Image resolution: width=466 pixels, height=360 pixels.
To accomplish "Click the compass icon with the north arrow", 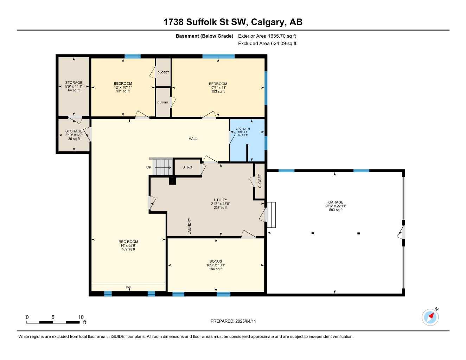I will (430, 317).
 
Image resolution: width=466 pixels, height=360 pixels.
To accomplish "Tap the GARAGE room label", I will (336, 202).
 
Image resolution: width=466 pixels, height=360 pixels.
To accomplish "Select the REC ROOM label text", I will (128, 242).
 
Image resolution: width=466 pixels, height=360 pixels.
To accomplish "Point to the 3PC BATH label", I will (243, 129).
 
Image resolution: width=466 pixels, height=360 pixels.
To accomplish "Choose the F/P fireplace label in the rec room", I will (128, 288).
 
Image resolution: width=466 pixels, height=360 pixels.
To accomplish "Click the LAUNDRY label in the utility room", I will (189, 226).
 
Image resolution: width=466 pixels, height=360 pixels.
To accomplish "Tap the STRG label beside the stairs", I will (187, 167).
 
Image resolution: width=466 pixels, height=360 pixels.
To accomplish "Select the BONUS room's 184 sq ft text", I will (216, 269).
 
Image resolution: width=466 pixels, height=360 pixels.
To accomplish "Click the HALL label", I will (193, 139).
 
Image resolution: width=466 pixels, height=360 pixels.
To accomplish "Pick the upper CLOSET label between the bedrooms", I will (163, 72).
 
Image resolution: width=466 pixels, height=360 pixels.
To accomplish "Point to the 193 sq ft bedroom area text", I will (218, 91).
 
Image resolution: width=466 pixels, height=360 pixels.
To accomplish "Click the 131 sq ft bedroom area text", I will (123, 91).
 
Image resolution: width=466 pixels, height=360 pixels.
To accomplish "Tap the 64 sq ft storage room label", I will (74, 90).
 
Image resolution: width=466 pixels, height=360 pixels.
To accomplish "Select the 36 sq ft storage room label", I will (74, 139).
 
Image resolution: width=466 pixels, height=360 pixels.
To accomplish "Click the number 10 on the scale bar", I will (81, 317).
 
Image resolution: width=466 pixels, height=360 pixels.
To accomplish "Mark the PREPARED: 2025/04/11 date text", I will (233, 321).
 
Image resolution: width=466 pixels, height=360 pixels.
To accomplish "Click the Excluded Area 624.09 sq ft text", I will (267, 44).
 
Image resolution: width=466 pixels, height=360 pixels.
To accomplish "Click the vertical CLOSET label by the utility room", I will (260, 181).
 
